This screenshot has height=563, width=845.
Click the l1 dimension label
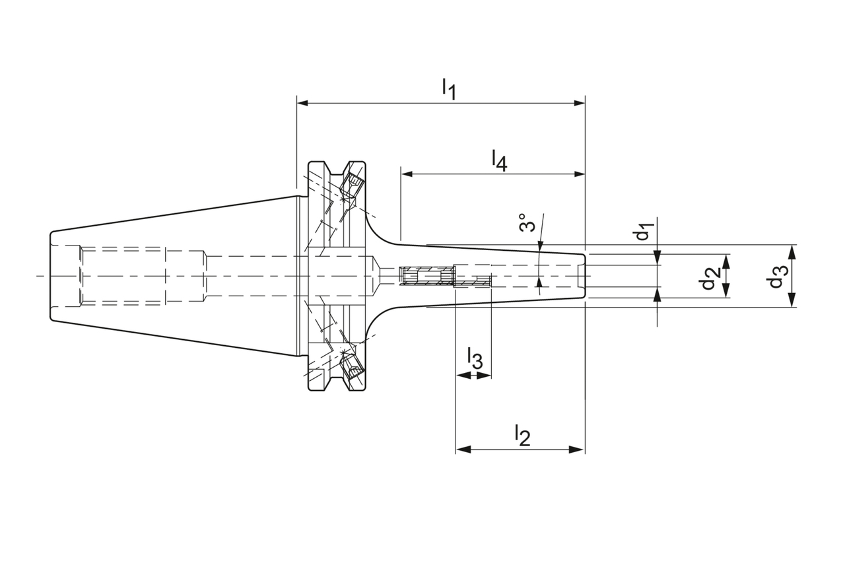click(449, 88)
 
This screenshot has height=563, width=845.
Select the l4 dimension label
click(499, 160)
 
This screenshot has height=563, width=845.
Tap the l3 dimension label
click(475, 358)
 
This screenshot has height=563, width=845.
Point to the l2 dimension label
click(522, 435)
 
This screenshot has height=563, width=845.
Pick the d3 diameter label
click(776, 276)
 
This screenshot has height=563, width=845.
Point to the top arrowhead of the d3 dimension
click(792, 250)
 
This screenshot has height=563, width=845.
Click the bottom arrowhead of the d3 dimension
click(792, 302)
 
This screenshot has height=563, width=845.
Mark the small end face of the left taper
click(51, 276)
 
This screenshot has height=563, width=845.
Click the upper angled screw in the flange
click(355, 182)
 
